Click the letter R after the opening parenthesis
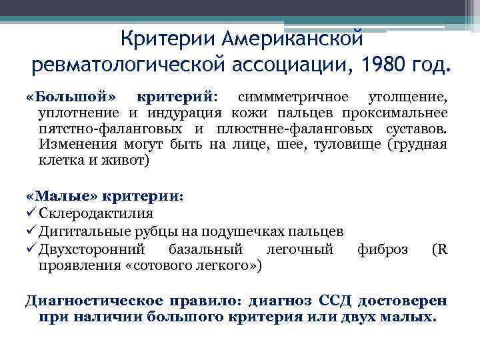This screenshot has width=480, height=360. point(443,249)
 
